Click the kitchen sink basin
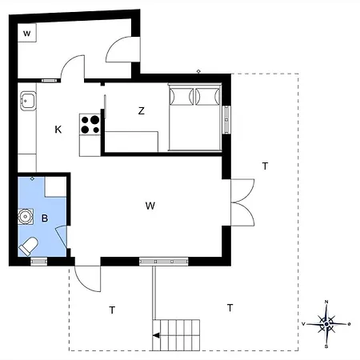tap(28, 101)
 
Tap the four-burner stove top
tap(90, 124)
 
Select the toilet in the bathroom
tap(28, 246)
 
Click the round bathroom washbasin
tap(26, 216)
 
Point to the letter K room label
tap(58, 130)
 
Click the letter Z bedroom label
tap(142, 110)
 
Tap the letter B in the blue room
tap(45, 218)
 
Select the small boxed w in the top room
tap(26, 34)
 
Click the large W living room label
tap(150, 206)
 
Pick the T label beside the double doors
tap(265, 166)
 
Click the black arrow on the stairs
tap(156, 335)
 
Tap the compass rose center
tap(326, 324)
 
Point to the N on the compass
tap(326, 302)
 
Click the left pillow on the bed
tap(182, 96)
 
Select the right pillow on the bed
tap(207, 96)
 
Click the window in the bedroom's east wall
tap(226, 120)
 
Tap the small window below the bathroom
tap(39, 262)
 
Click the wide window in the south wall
tap(164, 262)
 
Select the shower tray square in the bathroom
tap(55, 186)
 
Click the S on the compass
tap(326, 346)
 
